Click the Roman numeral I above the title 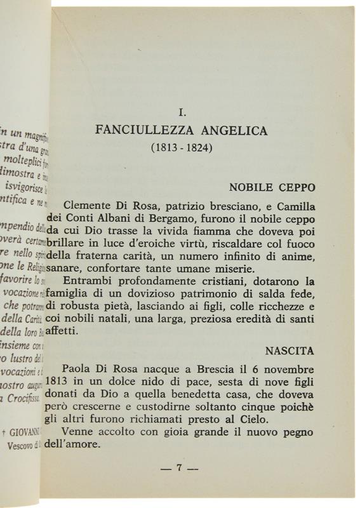[x=182, y=112]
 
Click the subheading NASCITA [x=293, y=350]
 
